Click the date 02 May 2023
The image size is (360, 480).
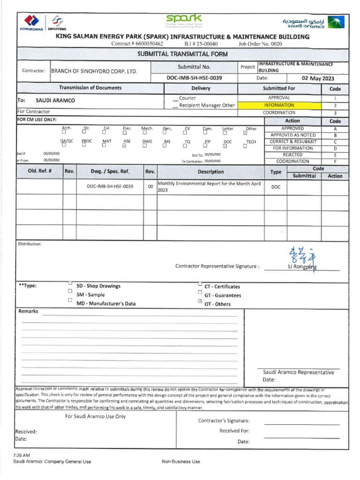tap(318, 78)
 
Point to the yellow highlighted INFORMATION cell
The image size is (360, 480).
tap(279, 105)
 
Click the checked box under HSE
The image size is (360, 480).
tap(124, 145)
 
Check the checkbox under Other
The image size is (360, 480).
tap(245, 133)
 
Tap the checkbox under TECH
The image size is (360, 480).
tap(245, 146)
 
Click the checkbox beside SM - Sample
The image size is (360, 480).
tap(70, 291)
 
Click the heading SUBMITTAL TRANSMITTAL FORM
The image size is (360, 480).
tap(182, 54)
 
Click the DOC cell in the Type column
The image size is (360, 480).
tap(276, 187)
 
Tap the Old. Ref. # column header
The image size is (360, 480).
tap(39, 172)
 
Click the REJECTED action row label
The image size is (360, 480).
tap(292, 155)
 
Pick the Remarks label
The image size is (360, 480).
tap(28, 311)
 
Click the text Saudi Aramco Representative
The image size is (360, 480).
tap(298, 372)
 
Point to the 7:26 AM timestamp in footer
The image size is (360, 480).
tap(22, 455)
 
